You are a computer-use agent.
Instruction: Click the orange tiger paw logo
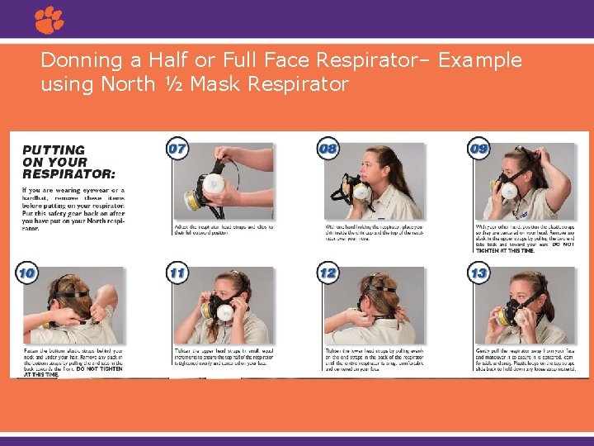pyautogui.click(x=49, y=20)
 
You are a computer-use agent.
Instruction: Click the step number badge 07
pyautogui.click(x=177, y=149)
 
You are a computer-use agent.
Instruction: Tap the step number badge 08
pyautogui.click(x=328, y=149)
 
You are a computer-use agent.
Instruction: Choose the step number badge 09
pyautogui.click(x=478, y=149)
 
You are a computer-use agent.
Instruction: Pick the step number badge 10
pyautogui.click(x=26, y=273)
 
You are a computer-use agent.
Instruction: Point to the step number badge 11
pyautogui.click(x=177, y=273)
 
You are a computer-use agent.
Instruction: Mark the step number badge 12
pyautogui.click(x=328, y=273)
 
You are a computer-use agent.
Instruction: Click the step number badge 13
pyautogui.click(x=478, y=273)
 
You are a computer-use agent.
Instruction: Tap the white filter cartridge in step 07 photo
pyautogui.click(x=214, y=183)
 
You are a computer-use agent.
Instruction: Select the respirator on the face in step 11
pyautogui.click(x=221, y=311)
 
